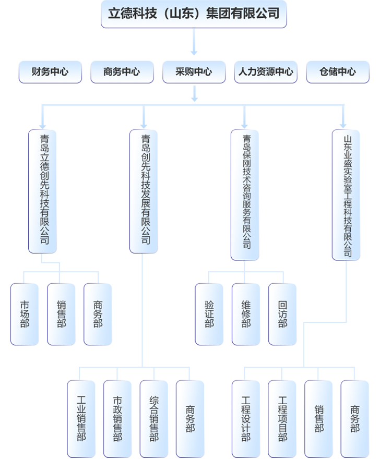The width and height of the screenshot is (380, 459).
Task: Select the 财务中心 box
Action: coord(50,72)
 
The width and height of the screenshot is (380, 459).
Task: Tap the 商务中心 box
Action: coord(122,72)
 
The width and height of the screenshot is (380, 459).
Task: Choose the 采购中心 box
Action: coord(194,72)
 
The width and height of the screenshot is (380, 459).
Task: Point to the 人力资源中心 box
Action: coord(266,72)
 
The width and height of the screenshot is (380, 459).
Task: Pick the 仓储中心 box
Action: coord(338,72)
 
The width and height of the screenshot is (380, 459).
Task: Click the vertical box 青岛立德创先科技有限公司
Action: coord(43,190)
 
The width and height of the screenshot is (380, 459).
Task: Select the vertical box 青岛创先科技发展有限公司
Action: coord(145,190)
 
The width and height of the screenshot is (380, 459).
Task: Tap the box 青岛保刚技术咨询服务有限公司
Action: coord(246,193)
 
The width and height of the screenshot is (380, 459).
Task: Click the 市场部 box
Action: coord(25,314)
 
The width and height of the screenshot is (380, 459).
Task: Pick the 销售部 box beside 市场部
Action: coord(61,314)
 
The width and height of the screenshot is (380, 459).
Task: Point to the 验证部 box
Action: coord(209,314)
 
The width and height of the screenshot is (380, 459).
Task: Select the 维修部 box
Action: coord(246,314)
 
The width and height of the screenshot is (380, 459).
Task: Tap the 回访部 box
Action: coord(282,314)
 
